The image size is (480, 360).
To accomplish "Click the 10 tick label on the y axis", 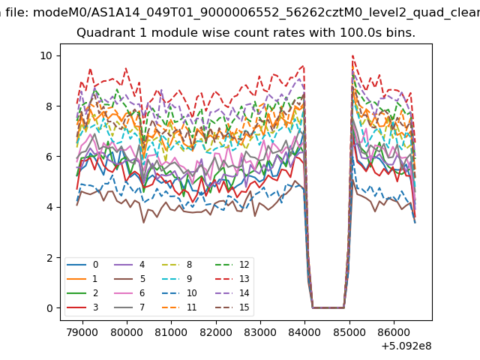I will [46, 55].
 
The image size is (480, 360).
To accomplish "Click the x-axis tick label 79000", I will [82, 331].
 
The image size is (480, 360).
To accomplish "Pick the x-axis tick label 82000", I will [215, 331].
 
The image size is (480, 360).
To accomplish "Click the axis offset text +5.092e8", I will [405, 346].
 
